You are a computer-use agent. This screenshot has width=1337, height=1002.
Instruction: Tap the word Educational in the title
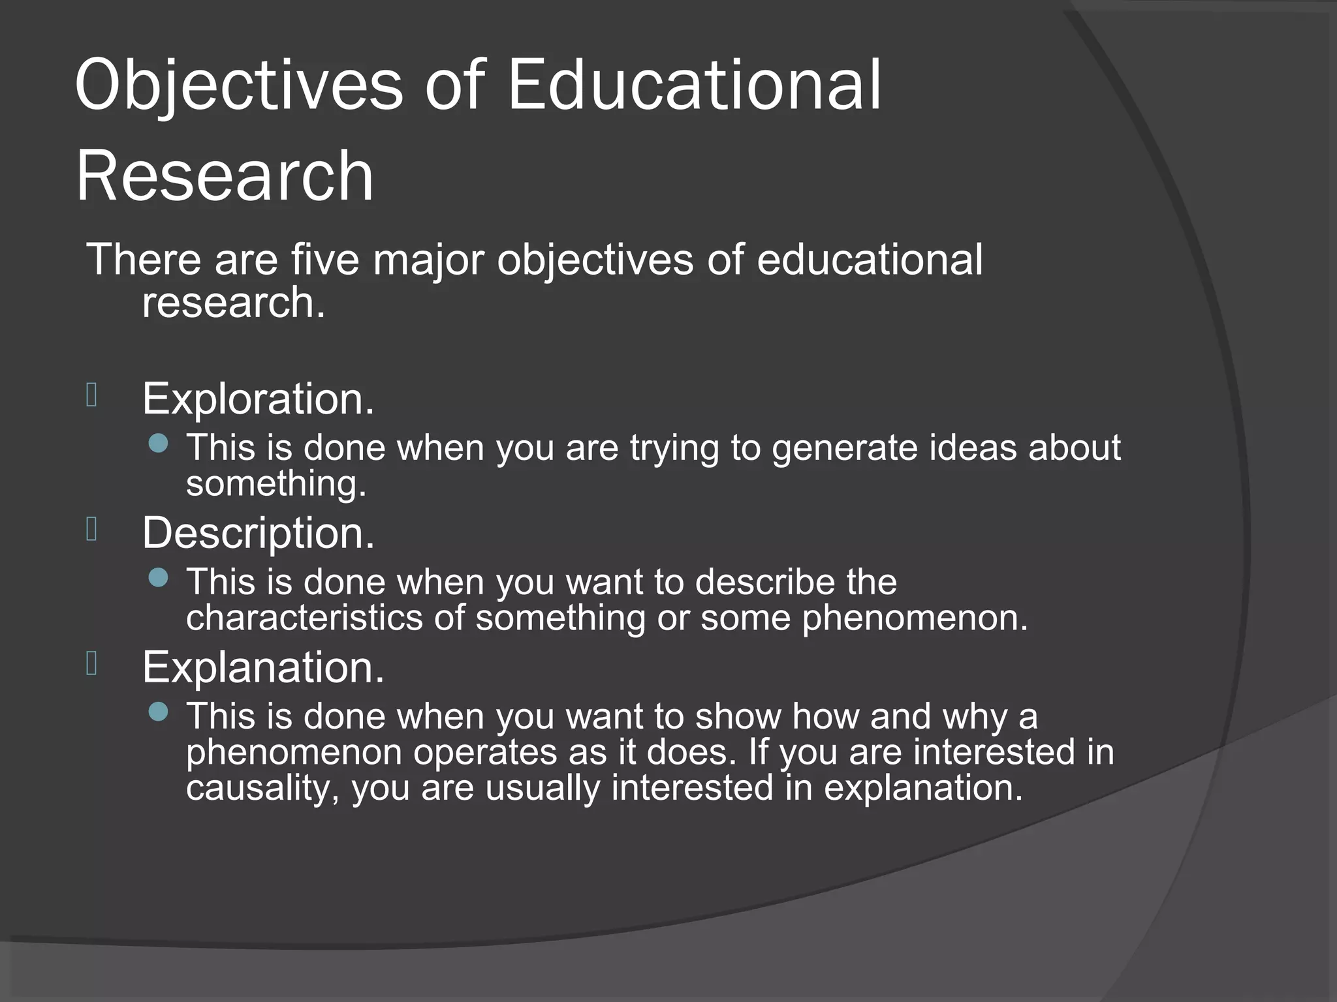click(694, 85)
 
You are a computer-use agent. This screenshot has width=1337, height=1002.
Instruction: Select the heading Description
click(258, 534)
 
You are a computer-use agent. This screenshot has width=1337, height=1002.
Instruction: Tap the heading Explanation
click(263, 667)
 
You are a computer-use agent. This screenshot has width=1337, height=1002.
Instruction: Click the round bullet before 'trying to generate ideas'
click(158, 444)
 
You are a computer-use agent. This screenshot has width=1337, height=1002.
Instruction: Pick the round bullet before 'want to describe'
click(158, 578)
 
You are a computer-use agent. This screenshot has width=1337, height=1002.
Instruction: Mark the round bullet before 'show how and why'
click(158, 712)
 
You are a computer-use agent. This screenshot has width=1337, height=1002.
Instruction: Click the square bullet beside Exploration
click(91, 395)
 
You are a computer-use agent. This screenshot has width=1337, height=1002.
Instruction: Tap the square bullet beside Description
click(91, 530)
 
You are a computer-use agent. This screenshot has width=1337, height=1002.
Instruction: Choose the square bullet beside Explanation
click(91, 664)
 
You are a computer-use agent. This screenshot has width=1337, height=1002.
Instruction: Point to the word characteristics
click(304, 617)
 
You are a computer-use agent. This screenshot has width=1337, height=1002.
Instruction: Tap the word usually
click(543, 788)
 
